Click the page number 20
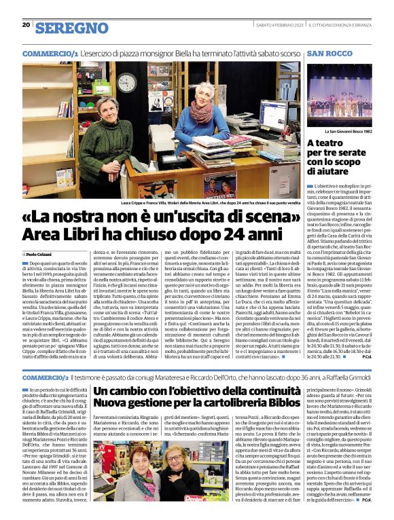click(26, 24)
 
